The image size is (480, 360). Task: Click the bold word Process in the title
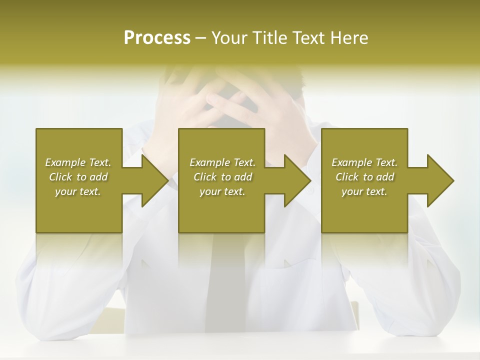click(x=157, y=38)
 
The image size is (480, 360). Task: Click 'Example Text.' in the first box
click(x=78, y=162)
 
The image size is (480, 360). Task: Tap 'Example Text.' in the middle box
click(x=222, y=162)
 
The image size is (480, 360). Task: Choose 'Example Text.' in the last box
click(x=364, y=162)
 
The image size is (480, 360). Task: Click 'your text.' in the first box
click(x=78, y=191)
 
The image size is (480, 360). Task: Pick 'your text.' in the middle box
click(x=222, y=191)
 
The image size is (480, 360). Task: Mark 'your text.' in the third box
click(x=364, y=191)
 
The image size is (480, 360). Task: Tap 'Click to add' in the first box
click(x=78, y=177)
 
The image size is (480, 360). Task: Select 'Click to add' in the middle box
click(x=222, y=177)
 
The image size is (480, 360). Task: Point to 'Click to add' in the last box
click(x=364, y=177)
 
